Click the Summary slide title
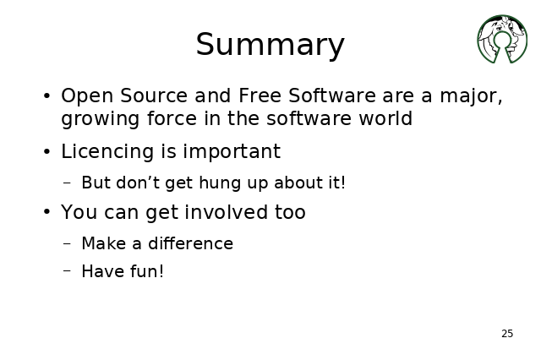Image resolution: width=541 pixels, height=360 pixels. [x=270, y=45]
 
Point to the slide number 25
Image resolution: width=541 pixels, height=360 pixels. [x=507, y=334]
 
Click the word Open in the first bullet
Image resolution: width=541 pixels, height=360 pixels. [x=87, y=96]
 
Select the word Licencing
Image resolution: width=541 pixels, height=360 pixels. [x=107, y=152]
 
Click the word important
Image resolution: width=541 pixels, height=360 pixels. [x=232, y=152]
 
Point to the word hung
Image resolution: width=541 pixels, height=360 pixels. [x=220, y=183]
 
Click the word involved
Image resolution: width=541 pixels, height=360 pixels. [x=226, y=212]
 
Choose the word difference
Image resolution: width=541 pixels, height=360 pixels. [x=190, y=243]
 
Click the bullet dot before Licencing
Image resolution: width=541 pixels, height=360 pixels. [x=47, y=152]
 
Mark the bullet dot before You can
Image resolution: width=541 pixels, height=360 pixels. [x=47, y=212]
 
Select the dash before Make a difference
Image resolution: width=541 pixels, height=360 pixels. [x=68, y=243]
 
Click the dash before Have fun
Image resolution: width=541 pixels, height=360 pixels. [x=68, y=270]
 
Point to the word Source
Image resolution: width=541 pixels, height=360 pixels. [x=154, y=95]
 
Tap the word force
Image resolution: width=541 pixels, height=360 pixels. [x=172, y=118]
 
